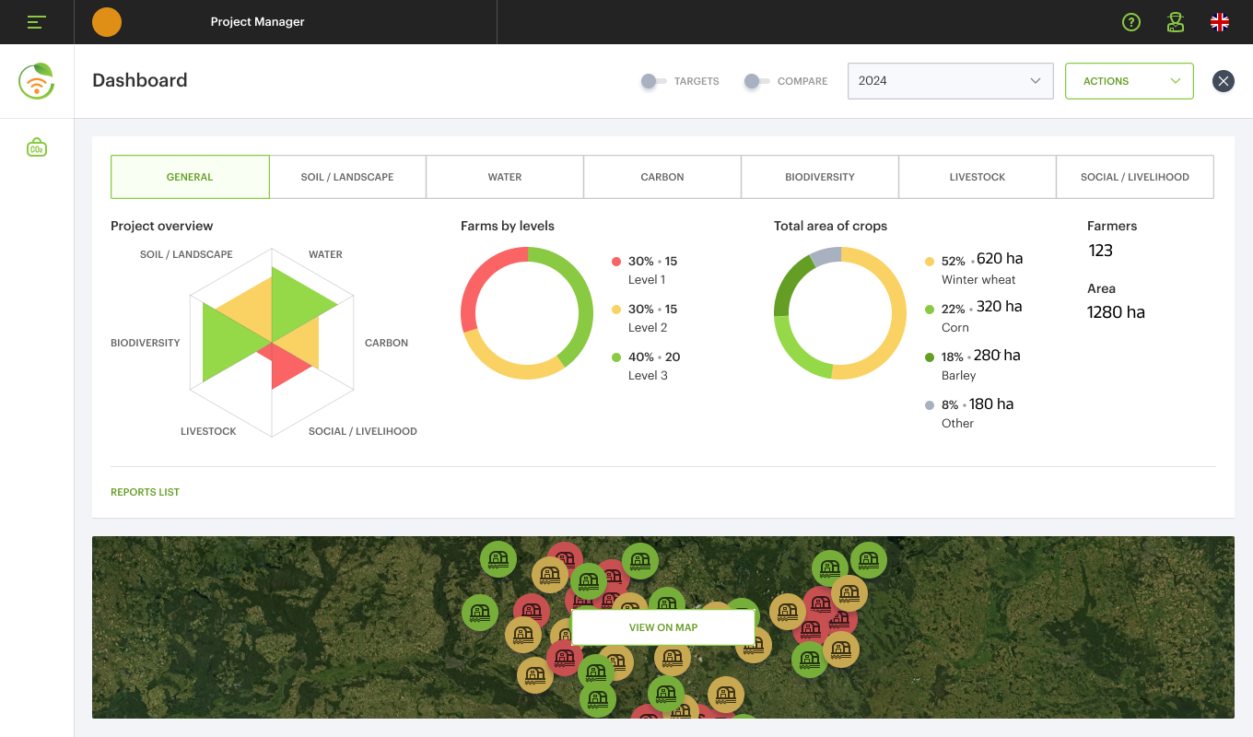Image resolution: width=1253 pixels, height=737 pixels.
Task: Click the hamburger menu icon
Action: (36, 22)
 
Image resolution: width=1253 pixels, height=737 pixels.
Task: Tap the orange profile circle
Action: (106, 22)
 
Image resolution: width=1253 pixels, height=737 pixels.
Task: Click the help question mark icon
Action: (1131, 22)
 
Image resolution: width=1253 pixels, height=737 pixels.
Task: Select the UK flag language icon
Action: (1220, 22)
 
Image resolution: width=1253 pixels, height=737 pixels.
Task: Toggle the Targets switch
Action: (653, 81)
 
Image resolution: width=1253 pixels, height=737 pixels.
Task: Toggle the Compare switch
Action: (756, 81)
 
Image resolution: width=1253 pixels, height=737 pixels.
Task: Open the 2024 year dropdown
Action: (951, 81)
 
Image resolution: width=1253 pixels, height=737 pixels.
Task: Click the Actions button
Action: (1129, 81)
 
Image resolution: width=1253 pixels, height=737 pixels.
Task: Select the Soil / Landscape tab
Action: (347, 177)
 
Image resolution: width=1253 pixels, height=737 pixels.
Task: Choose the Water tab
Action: (505, 177)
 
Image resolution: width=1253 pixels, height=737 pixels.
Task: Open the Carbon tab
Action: (662, 177)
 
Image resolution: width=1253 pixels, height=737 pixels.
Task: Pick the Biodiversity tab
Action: (819, 177)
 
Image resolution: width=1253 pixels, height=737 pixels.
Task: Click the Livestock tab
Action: (978, 177)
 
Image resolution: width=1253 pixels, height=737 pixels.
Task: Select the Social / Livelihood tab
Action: (1135, 177)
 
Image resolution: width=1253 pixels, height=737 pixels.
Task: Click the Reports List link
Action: (145, 492)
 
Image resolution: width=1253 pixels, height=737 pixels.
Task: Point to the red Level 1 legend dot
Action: (616, 261)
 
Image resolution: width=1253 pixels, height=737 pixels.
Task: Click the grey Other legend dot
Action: (930, 404)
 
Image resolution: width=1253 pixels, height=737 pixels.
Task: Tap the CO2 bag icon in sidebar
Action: (37, 147)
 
